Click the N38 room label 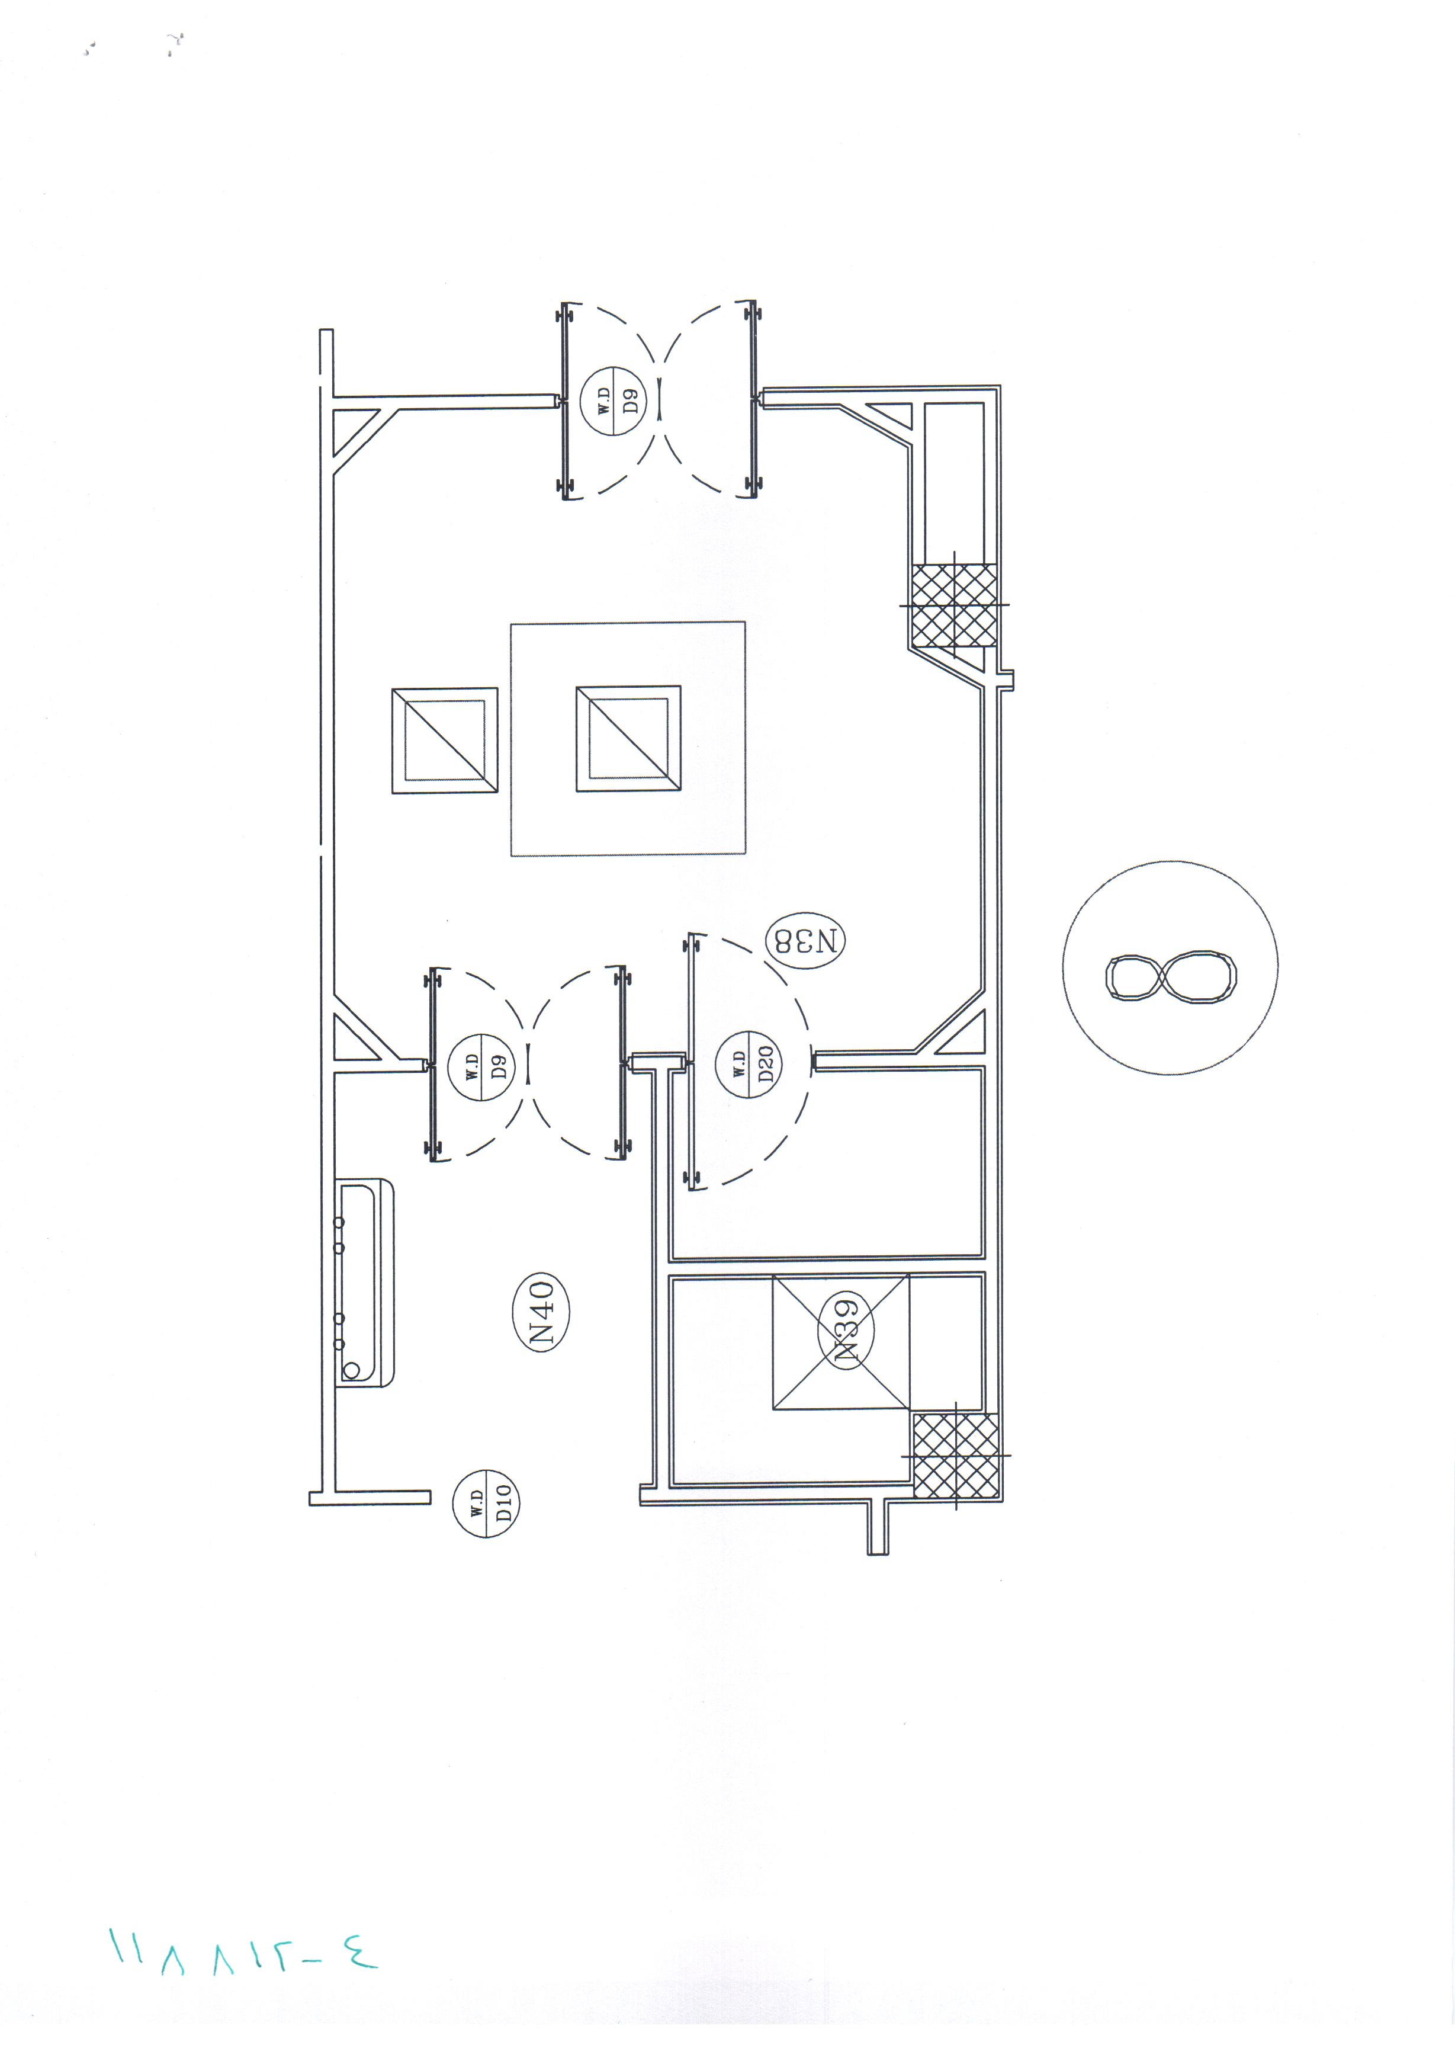point(805,941)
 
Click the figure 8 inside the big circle point(1170,976)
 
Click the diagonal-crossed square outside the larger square point(444,741)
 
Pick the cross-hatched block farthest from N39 point(955,605)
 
